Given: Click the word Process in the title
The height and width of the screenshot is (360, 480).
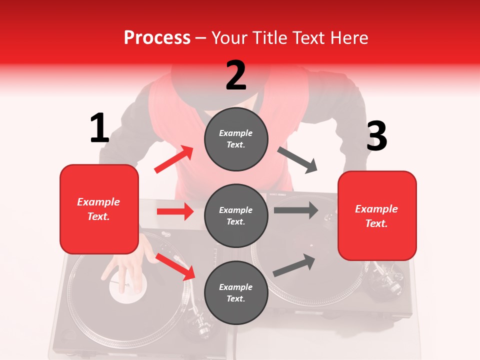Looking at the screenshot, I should pyautogui.click(x=157, y=37).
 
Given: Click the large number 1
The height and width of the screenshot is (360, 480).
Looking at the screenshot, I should pyautogui.click(x=99, y=128).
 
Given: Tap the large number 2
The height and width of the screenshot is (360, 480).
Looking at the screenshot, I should pyautogui.click(x=236, y=75).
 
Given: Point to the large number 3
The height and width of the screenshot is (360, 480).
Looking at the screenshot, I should pyautogui.click(x=376, y=136).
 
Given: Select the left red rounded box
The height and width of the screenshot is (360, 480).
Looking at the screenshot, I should pyautogui.click(x=99, y=209).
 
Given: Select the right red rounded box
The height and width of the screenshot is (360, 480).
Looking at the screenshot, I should pyautogui.click(x=377, y=215).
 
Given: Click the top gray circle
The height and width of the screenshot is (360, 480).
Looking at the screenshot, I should pyautogui.click(x=236, y=138).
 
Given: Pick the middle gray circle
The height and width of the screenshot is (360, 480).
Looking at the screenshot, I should pyautogui.click(x=236, y=215).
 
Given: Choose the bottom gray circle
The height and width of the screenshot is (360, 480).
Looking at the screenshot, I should pyautogui.click(x=236, y=292).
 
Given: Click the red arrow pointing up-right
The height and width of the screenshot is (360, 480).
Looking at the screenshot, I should pyautogui.click(x=174, y=159).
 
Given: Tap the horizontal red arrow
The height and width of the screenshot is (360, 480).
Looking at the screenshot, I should pyautogui.click(x=175, y=211).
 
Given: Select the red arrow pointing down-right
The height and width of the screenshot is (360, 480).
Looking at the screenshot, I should pyautogui.click(x=175, y=266).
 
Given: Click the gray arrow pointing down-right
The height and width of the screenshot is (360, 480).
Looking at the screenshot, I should pyautogui.click(x=297, y=159).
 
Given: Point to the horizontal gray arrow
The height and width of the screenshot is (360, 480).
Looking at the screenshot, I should pyautogui.click(x=295, y=210).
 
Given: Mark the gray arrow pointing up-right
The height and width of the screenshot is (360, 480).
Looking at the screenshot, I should pyautogui.click(x=294, y=265).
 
